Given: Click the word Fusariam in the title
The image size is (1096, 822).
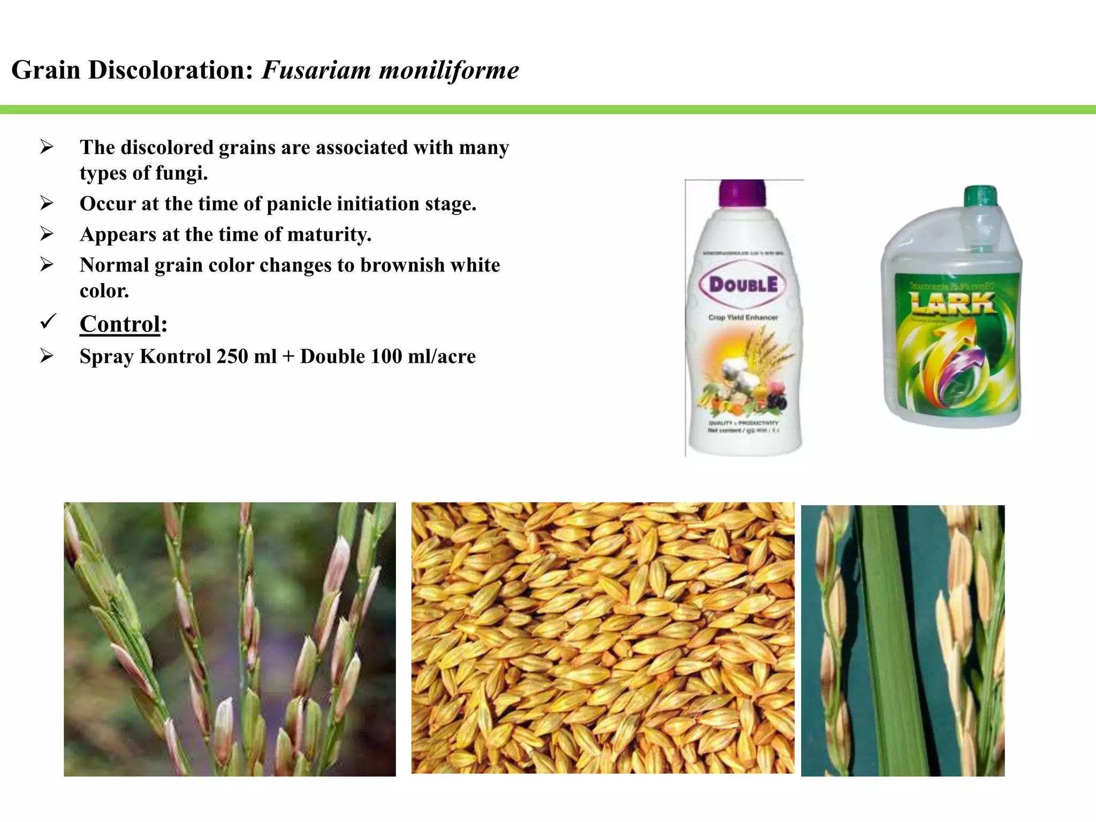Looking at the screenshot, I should (x=316, y=70).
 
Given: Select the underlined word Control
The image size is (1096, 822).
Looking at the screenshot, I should (x=120, y=324).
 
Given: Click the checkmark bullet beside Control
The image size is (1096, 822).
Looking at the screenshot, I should (x=48, y=322).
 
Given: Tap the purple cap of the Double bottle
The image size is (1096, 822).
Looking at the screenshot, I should (x=742, y=193).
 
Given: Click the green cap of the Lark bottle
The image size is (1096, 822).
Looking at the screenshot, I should (x=980, y=196).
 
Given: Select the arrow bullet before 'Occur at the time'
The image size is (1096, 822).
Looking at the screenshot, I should (x=47, y=203).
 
